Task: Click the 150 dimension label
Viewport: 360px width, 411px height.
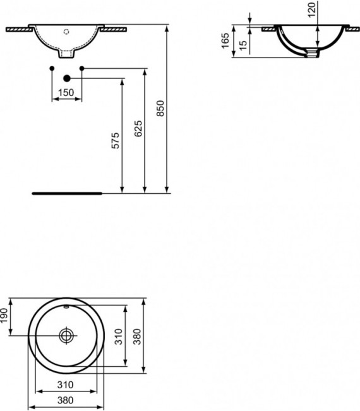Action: (66, 93)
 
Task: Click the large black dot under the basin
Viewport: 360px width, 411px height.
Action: (67, 78)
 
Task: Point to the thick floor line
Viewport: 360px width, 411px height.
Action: (67, 193)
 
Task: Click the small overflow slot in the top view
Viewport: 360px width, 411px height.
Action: (66, 306)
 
